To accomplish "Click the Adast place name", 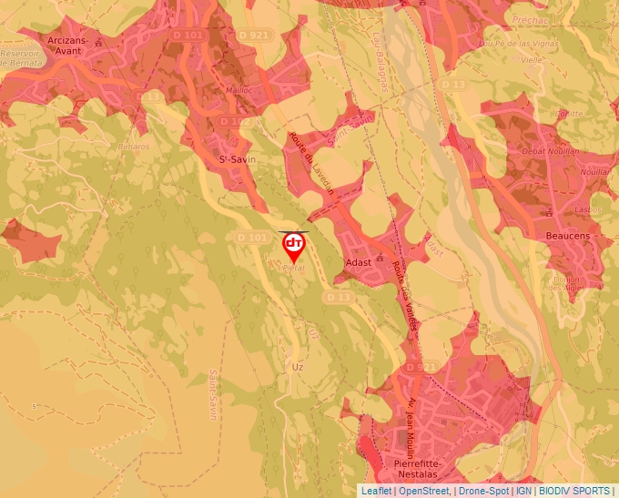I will coord(359,260).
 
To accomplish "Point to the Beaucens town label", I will coord(567,236).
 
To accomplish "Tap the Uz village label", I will coord(297,367).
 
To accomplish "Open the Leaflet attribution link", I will coord(376,491).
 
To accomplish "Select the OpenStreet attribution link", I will coord(424,491).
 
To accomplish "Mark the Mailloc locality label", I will coord(239,90).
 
